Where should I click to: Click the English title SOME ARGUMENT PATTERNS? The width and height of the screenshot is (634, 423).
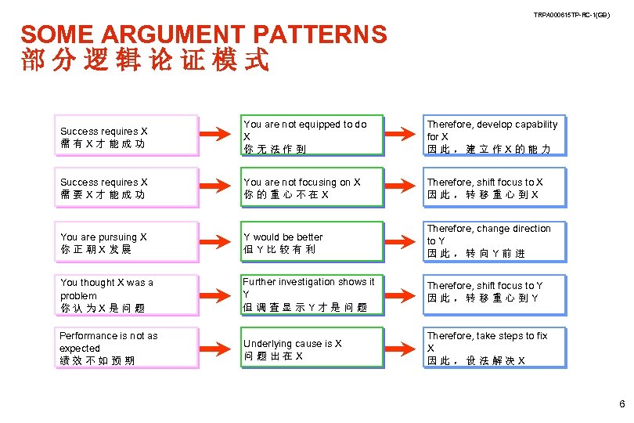point(204,34)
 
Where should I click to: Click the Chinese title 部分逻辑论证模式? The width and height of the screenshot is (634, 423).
point(145,60)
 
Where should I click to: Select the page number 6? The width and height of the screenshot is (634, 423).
point(621,404)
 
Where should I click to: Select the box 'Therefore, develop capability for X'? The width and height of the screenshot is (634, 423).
point(494,136)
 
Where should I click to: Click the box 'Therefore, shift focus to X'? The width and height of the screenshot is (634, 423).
point(494,188)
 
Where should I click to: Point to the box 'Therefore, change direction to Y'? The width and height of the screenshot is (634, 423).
point(494,241)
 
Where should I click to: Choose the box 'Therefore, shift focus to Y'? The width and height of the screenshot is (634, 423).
point(494,291)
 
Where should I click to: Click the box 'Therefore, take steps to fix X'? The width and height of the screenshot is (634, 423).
point(494,348)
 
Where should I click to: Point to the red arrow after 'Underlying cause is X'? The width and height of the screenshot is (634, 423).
point(399,349)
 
